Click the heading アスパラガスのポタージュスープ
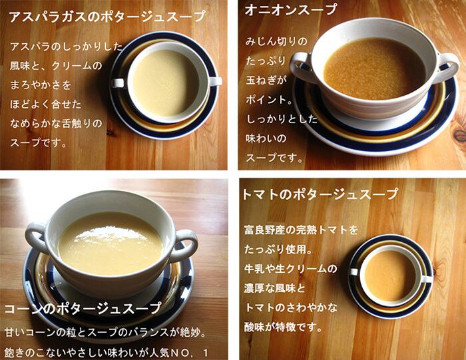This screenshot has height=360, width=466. click(108, 16)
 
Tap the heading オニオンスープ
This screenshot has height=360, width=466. click(291, 9)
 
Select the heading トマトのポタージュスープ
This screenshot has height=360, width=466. click(320, 194)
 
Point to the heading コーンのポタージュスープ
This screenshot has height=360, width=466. click(83, 309)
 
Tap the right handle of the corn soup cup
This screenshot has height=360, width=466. click(185, 244)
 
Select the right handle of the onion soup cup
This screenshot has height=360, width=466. click(445, 69)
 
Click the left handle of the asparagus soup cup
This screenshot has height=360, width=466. click(118, 83)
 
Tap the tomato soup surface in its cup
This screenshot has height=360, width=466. click(389, 275)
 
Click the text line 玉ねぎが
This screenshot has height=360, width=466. click(266, 81)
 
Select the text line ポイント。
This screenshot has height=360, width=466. click(269, 100)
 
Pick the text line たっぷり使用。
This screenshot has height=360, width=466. click(278, 250)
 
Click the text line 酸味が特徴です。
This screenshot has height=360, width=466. click(283, 327)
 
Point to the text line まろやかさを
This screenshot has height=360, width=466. click(41, 85)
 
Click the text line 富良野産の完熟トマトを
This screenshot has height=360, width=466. click(301, 230)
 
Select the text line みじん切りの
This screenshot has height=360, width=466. click(276, 42)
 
